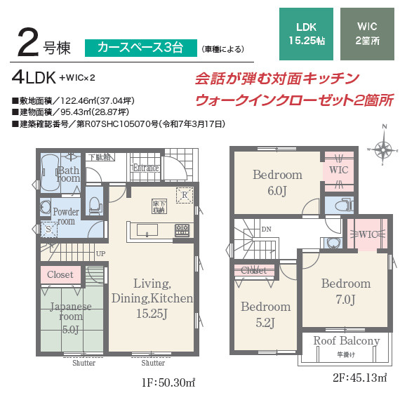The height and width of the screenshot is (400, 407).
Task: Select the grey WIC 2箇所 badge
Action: tap(367, 33)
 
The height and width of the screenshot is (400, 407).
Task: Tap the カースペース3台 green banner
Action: tap(140, 48)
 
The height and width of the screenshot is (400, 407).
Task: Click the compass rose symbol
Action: tap(383, 148)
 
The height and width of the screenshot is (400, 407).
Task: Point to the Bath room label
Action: tap(69, 173)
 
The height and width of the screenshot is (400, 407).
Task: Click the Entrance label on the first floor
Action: tap(146, 168)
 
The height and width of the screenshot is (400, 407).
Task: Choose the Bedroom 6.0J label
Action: tap(277, 180)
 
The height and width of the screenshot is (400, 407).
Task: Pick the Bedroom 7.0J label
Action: tap(346, 291)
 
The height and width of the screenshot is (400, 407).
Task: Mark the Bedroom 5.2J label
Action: tap(265, 314)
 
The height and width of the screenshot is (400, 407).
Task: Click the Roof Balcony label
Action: tap(346, 341)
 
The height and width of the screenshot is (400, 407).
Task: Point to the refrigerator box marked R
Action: tap(185, 196)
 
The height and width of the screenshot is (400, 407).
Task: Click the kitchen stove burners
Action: tap(182, 229)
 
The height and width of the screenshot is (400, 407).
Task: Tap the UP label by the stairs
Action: tap(100, 253)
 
